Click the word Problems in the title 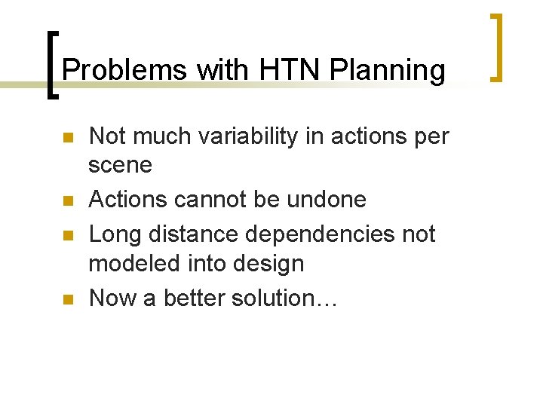pos(125,70)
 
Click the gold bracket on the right pos(495,47)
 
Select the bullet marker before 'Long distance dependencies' pos(67,235)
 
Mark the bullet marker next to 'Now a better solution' pos(67,299)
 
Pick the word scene pos(120,165)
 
